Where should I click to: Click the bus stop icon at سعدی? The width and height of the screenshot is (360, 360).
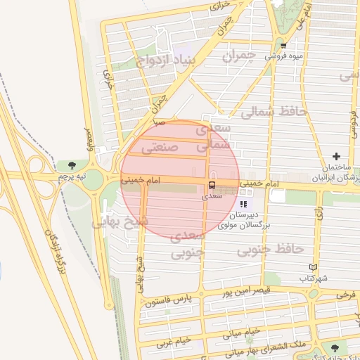pos(211,185)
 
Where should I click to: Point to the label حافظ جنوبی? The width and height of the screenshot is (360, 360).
pos(269,249)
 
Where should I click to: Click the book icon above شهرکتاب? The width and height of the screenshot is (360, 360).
pos(314,267)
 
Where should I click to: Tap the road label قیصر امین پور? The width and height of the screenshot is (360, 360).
pos(245,290)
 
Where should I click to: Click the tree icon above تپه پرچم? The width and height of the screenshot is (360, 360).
pos(74,165)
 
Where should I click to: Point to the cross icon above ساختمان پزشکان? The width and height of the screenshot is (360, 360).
pos(337,156)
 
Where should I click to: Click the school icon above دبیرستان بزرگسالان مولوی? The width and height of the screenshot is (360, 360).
pos(243,204)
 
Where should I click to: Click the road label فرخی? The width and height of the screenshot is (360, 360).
pos(346,295)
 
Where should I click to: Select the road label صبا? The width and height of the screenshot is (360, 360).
pos(160,122)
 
